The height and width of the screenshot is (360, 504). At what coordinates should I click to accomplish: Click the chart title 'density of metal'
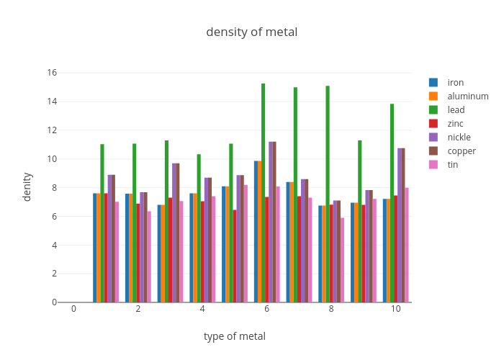coord(251,32)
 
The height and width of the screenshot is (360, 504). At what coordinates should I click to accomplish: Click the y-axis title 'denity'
coord(27,186)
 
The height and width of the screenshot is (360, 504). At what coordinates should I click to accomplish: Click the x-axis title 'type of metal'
coord(234,336)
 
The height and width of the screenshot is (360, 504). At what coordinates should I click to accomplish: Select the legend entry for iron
coord(455,82)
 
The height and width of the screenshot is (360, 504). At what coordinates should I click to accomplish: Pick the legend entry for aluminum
coord(467,96)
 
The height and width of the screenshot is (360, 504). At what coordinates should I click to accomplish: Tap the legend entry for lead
coord(456,109)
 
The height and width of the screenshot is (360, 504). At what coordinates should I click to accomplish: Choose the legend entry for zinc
coord(455,123)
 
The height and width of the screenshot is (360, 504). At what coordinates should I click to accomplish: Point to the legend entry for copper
coord(462,150)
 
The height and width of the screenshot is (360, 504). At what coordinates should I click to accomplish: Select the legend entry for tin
coord(452,164)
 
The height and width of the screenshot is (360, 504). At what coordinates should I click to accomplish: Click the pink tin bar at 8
coord(342,260)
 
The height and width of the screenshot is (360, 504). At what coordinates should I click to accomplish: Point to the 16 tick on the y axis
coord(52,73)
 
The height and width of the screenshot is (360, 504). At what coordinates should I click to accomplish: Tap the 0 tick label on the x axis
coord(73,309)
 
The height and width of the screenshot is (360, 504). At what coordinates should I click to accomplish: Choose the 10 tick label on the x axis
coord(396,309)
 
